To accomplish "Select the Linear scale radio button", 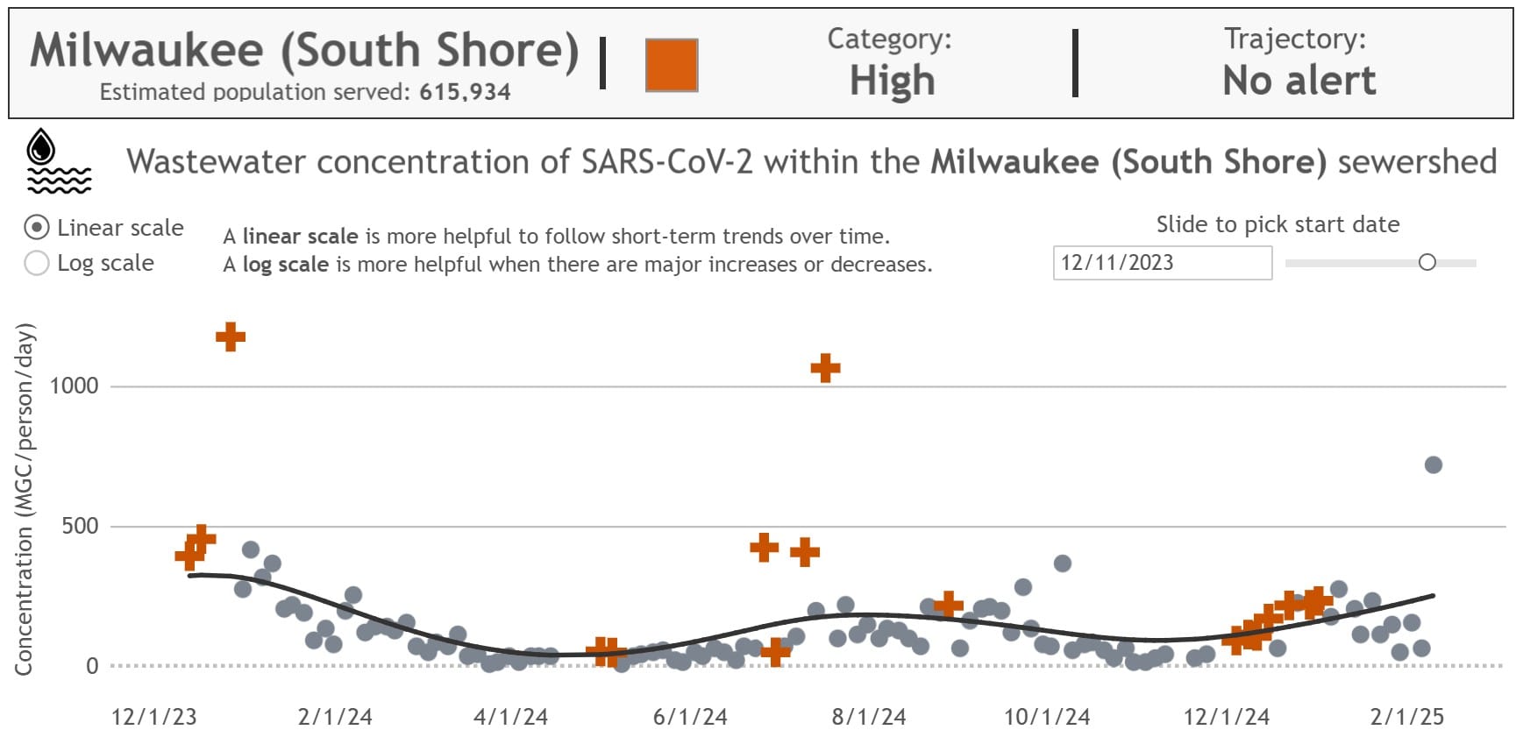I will click(x=37, y=228).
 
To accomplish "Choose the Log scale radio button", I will click(x=37, y=263).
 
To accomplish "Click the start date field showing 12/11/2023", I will click(x=1161, y=263).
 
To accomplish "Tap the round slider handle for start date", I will click(x=1427, y=262).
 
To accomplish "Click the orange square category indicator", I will click(x=672, y=65).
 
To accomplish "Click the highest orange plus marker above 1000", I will click(x=231, y=337).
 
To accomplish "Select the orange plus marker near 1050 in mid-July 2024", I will click(x=825, y=368).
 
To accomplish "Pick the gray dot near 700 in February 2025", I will click(x=1433, y=465).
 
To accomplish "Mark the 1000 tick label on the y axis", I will click(x=74, y=386).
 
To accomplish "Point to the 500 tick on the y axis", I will click(x=79, y=526).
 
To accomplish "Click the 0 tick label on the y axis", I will click(x=92, y=666).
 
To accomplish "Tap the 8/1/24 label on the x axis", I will click(x=868, y=717).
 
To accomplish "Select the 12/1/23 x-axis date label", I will click(x=154, y=717).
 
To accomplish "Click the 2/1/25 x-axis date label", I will click(x=1406, y=717).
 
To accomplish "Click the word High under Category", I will click(x=892, y=81).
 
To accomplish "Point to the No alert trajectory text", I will click(x=1299, y=81).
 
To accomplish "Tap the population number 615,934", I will click(x=465, y=92).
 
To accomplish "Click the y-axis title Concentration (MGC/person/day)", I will click(x=24, y=500).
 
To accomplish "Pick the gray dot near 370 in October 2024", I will click(x=1062, y=563).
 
